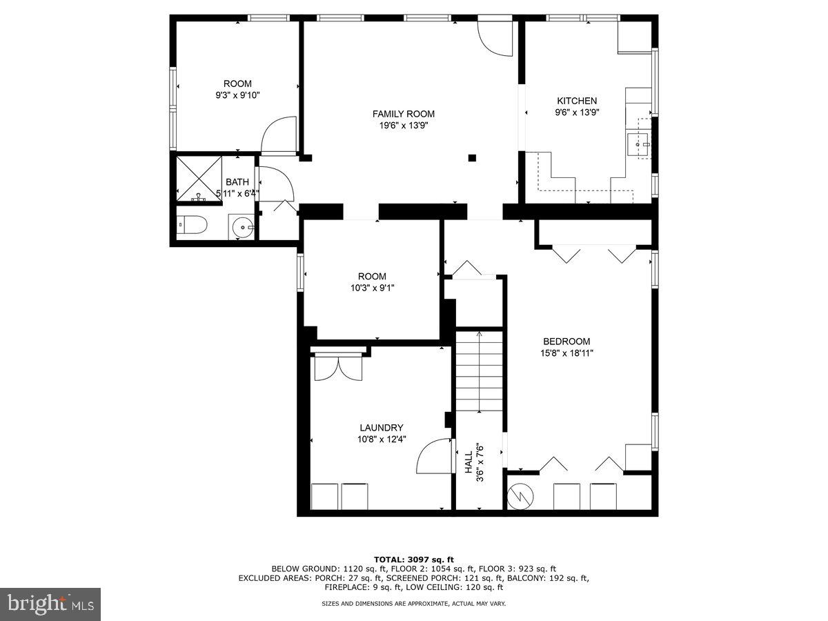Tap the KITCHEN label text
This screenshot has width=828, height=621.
(x=577, y=101)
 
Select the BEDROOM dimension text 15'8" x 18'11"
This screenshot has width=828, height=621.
(x=566, y=353)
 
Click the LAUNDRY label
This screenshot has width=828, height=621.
(x=381, y=428)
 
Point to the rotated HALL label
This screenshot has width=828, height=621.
(x=469, y=462)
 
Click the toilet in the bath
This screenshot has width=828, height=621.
(x=192, y=225)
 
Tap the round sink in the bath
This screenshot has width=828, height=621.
(x=241, y=226)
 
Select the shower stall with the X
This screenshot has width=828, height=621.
(x=199, y=178)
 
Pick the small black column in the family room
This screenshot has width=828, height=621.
(x=472, y=157)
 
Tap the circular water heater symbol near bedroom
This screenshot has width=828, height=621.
(x=520, y=495)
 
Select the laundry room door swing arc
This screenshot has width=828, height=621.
(x=433, y=456)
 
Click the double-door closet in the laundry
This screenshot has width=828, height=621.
(x=338, y=368)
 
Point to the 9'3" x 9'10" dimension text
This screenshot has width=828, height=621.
(x=237, y=95)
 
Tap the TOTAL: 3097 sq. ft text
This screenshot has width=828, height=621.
(x=414, y=560)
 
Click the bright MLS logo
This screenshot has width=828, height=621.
(x=50, y=604)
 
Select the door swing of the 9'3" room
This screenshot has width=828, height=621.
(x=279, y=135)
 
